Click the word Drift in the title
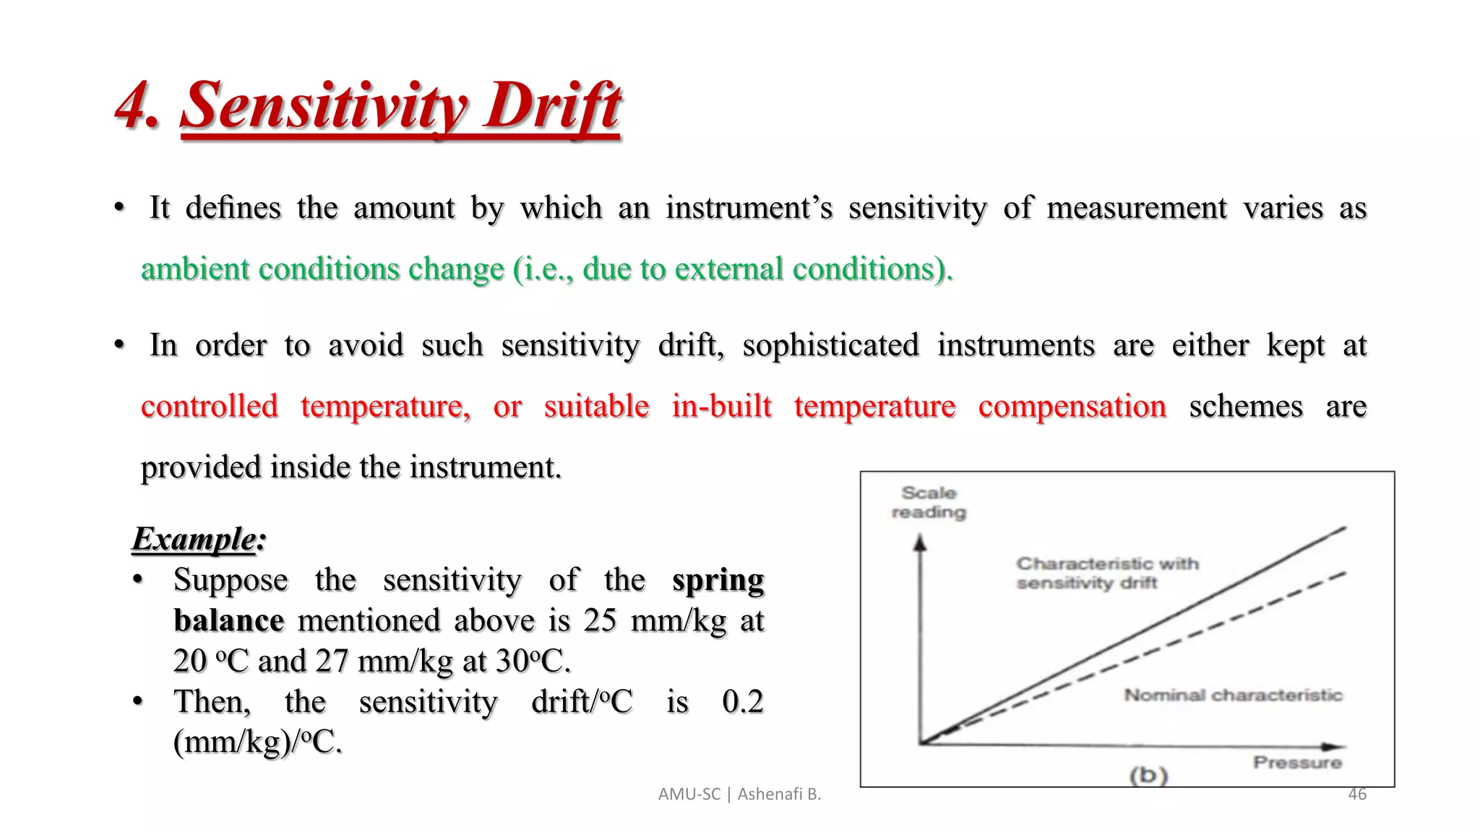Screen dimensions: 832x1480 553,106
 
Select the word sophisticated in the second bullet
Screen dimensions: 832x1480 830,345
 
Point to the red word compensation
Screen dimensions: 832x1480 1072,407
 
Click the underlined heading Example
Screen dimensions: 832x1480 194,539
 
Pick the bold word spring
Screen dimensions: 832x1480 718,580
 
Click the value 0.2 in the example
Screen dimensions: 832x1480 742,701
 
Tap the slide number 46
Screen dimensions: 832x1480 1357,794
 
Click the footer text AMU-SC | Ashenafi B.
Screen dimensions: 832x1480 739,794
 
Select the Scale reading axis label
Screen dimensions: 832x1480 929,502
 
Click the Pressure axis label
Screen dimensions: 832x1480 1297,763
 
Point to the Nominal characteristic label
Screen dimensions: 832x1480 1233,695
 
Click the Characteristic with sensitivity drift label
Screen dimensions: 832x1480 1106,573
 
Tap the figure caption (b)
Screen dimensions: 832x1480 1148,775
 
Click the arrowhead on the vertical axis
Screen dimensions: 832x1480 920,542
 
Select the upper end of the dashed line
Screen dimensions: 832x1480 1343,573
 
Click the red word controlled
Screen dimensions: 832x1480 210,407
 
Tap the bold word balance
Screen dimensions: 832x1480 228,621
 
